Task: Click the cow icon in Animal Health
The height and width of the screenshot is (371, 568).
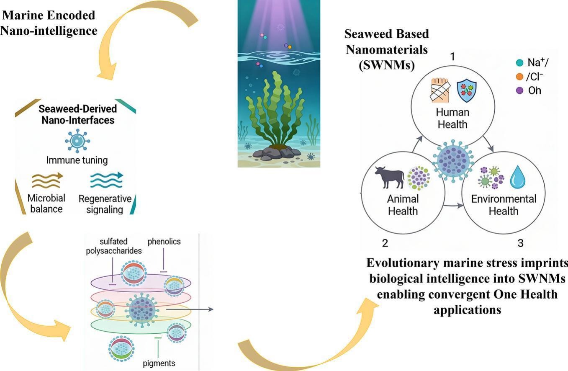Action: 389,177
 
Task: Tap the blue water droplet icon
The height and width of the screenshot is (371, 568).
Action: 518,177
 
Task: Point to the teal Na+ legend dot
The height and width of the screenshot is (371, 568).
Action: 519,63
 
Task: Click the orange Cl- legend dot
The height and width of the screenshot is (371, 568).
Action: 519,77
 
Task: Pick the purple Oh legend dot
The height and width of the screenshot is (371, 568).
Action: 519,90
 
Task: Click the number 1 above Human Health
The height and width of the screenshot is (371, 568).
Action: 452,57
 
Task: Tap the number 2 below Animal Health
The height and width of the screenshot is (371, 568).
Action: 385,243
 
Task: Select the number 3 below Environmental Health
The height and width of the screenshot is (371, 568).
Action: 520,243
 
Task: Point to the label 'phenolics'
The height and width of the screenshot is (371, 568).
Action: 164,242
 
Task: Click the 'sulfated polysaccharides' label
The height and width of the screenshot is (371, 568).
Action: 114,246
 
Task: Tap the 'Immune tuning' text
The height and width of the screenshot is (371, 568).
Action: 77,160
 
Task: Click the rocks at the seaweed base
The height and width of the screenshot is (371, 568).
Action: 276,153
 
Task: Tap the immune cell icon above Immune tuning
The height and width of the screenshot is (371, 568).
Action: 77,140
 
